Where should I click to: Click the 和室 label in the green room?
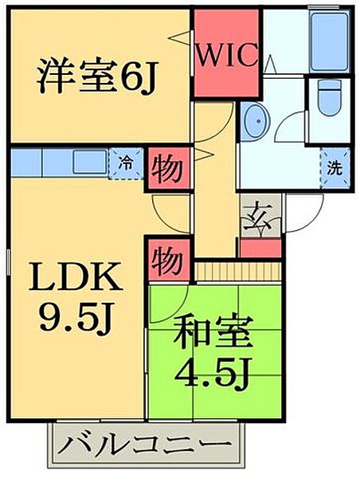(215, 329)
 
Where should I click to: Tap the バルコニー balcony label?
(149, 443)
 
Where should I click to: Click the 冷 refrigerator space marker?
(125, 162)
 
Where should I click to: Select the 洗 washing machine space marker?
(336, 168)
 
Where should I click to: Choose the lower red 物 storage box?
(168, 259)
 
